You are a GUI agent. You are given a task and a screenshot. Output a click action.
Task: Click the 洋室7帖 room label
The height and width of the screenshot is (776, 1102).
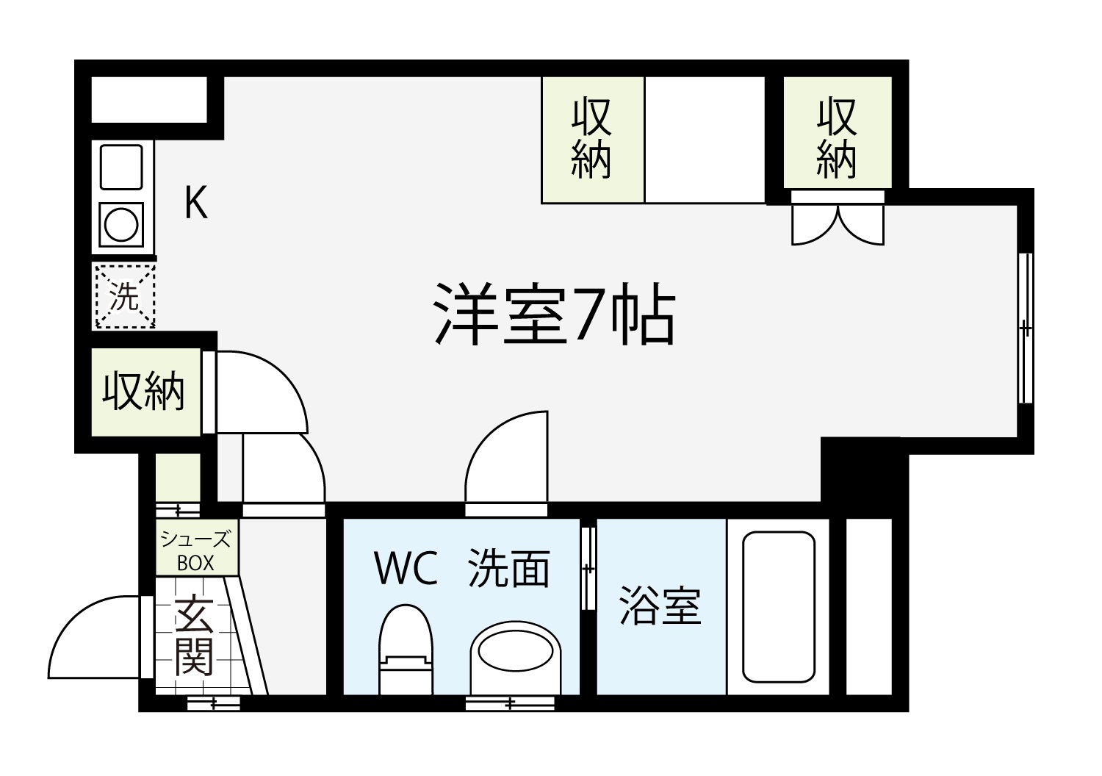point(555,314)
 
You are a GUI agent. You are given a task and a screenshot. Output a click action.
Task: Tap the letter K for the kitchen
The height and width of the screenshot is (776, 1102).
point(196,202)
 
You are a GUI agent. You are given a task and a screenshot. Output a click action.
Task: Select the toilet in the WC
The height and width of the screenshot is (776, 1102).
point(406,650)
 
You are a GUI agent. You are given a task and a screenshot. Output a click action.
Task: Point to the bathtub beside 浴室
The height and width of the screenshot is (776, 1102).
point(779,607)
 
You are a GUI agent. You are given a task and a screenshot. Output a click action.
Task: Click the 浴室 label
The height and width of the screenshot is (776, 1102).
point(660,606)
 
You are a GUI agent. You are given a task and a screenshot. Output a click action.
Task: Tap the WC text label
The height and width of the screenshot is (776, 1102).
point(406,568)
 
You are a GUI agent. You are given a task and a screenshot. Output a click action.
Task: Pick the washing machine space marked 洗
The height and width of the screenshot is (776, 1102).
point(124,296)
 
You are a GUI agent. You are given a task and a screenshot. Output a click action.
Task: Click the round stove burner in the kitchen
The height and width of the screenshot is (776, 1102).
point(121,225)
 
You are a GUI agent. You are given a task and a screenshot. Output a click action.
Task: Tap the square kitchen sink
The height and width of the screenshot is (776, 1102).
point(121,167)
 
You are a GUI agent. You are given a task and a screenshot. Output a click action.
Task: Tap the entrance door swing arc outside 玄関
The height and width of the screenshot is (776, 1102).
point(94,636)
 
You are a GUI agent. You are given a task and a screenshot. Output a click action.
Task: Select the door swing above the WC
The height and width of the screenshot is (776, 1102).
point(506,457)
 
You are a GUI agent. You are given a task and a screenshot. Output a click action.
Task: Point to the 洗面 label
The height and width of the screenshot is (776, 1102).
point(508,568)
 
